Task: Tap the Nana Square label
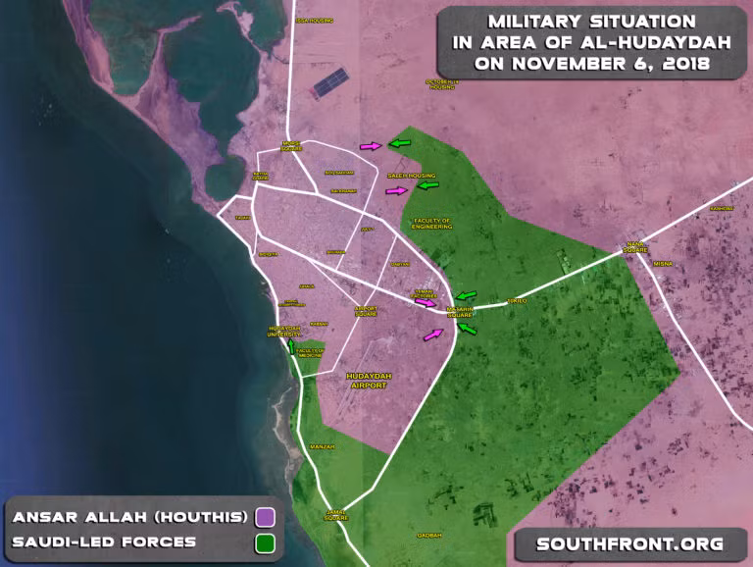click(635, 246)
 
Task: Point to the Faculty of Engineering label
click(432, 223)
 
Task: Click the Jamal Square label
click(335, 513)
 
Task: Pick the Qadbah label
click(430, 535)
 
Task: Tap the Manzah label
click(322, 446)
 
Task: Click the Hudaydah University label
click(285, 333)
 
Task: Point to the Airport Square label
click(365, 311)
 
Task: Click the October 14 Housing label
click(441, 84)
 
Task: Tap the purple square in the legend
click(264, 517)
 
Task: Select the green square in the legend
click(264, 542)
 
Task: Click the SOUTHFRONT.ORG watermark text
click(629, 543)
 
